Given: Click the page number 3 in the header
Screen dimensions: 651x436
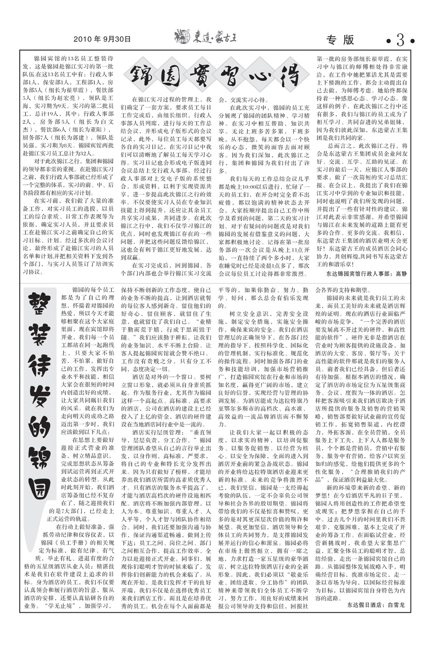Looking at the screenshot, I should [400, 41].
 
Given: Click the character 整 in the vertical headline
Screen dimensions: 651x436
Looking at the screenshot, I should [41, 304].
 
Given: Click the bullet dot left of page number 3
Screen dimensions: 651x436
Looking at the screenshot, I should [388, 41].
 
